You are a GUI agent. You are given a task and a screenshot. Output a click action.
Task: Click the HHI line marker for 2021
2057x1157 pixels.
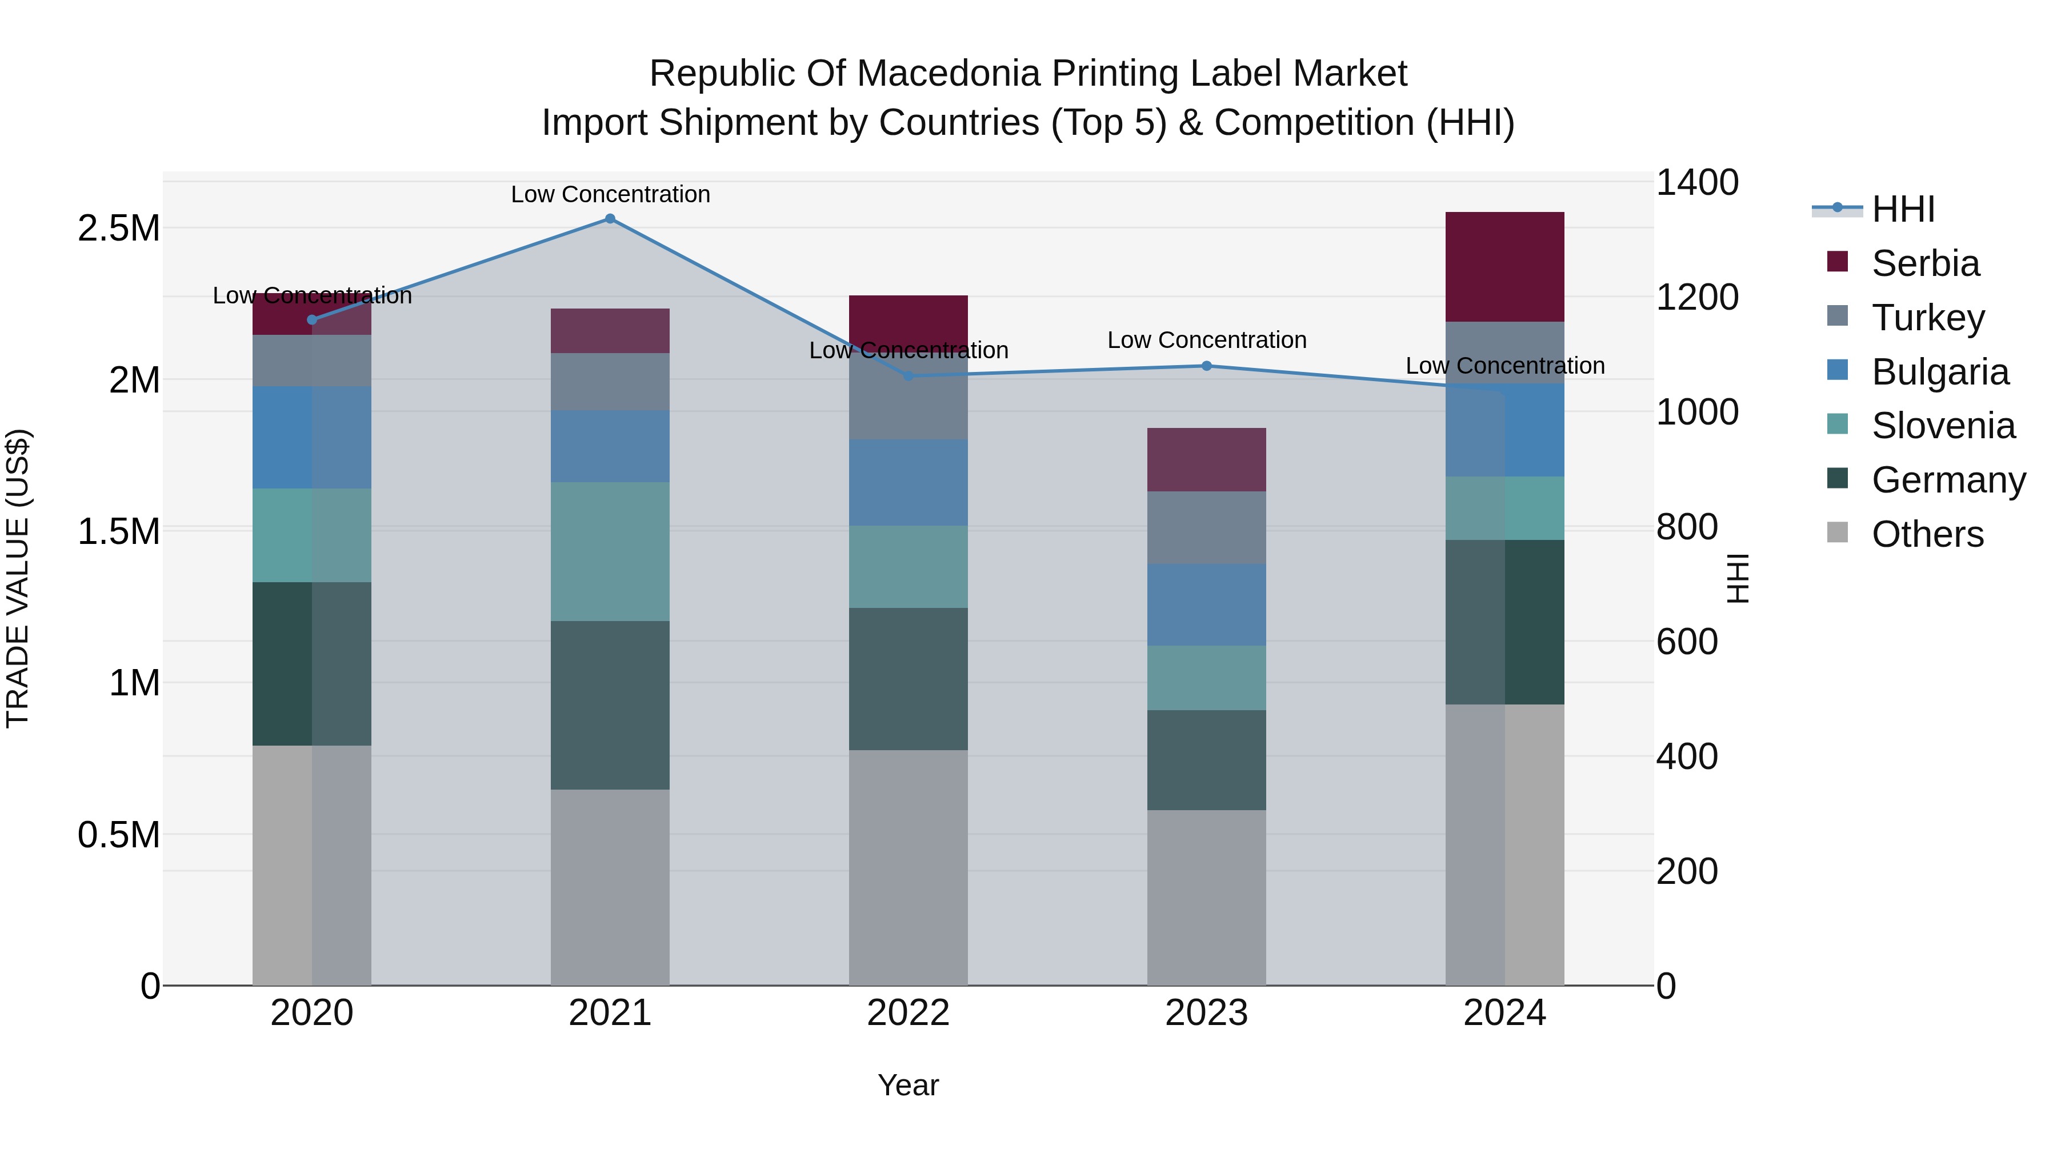tap(610, 219)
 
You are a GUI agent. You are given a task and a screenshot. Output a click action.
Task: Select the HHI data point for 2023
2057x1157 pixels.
tap(1207, 366)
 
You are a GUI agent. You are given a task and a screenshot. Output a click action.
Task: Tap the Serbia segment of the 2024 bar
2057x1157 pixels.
tap(1504, 267)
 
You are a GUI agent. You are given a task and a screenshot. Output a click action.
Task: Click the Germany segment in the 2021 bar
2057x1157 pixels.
tap(610, 705)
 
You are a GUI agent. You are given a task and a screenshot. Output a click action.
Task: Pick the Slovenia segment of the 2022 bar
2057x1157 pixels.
tap(908, 567)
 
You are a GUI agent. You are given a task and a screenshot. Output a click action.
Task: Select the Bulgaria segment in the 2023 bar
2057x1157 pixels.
tap(1207, 604)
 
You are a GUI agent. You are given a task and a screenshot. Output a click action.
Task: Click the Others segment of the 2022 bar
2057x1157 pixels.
tap(908, 867)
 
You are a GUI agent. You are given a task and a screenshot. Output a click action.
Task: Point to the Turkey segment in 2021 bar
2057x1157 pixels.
tap(610, 382)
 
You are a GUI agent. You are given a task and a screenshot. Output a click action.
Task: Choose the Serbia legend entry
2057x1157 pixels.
tap(1924, 263)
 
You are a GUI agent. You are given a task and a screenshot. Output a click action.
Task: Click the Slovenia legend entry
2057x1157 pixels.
tap(1942, 426)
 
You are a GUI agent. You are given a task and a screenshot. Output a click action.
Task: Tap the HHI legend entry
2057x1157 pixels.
tap(1902, 209)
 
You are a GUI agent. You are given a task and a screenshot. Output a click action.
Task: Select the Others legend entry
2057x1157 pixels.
tap(1926, 534)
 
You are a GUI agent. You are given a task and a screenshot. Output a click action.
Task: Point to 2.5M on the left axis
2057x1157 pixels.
tap(119, 229)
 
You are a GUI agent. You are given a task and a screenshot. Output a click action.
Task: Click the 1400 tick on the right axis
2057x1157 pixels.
tap(1697, 182)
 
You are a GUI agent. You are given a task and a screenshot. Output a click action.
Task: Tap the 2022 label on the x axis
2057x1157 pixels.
tap(908, 1013)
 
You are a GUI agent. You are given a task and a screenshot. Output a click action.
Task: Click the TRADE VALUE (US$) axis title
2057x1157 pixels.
tap(18, 578)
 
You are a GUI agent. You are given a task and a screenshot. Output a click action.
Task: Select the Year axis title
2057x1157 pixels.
tap(908, 1085)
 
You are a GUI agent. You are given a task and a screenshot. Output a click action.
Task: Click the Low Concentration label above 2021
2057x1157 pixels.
tap(610, 194)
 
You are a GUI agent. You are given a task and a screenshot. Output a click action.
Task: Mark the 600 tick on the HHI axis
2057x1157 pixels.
tap(1687, 642)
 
